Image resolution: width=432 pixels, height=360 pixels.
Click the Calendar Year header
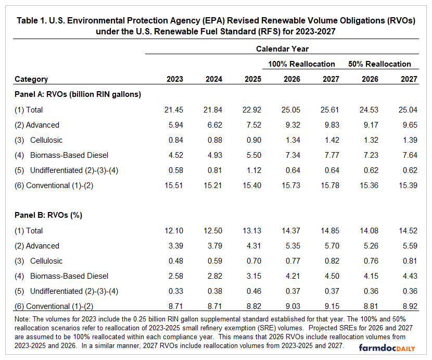coord(282,49)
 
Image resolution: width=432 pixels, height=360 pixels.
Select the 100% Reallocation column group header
coord(301,64)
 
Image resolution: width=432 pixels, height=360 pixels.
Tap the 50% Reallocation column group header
coord(379,64)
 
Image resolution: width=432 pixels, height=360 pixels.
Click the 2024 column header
coord(214,79)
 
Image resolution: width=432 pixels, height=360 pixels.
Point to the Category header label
coord(31,79)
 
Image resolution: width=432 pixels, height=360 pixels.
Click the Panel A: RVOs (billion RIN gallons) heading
coord(78,94)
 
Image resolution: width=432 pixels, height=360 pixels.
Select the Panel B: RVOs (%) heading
coord(48,215)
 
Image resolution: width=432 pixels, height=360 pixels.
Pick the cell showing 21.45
coord(174,110)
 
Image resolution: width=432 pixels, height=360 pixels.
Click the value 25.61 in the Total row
coord(329,110)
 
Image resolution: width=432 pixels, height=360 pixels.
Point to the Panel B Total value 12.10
coord(174,231)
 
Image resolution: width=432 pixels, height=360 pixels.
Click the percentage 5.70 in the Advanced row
coord(329,246)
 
